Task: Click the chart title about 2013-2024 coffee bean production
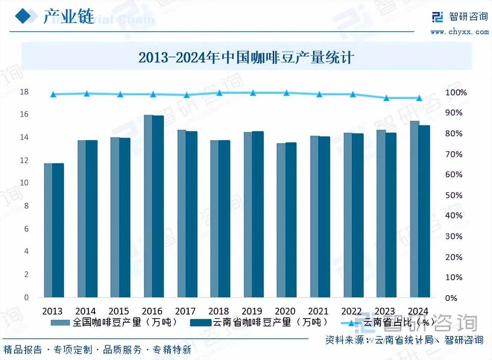[246, 57]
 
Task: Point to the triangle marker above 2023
[387, 98]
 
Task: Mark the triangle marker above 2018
[220, 92]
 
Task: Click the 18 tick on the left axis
[24, 92]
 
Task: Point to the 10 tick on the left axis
[24, 183]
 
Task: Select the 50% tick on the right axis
[454, 195]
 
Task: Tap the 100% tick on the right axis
[455, 92]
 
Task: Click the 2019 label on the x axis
[252, 311]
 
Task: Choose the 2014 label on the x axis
[85, 311]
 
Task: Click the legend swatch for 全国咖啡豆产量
[60, 322]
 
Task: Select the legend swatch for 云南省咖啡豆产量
[201, 322]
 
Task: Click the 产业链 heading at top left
[69, 17]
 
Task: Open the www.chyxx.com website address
[459, 32]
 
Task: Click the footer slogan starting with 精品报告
[97, 350]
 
